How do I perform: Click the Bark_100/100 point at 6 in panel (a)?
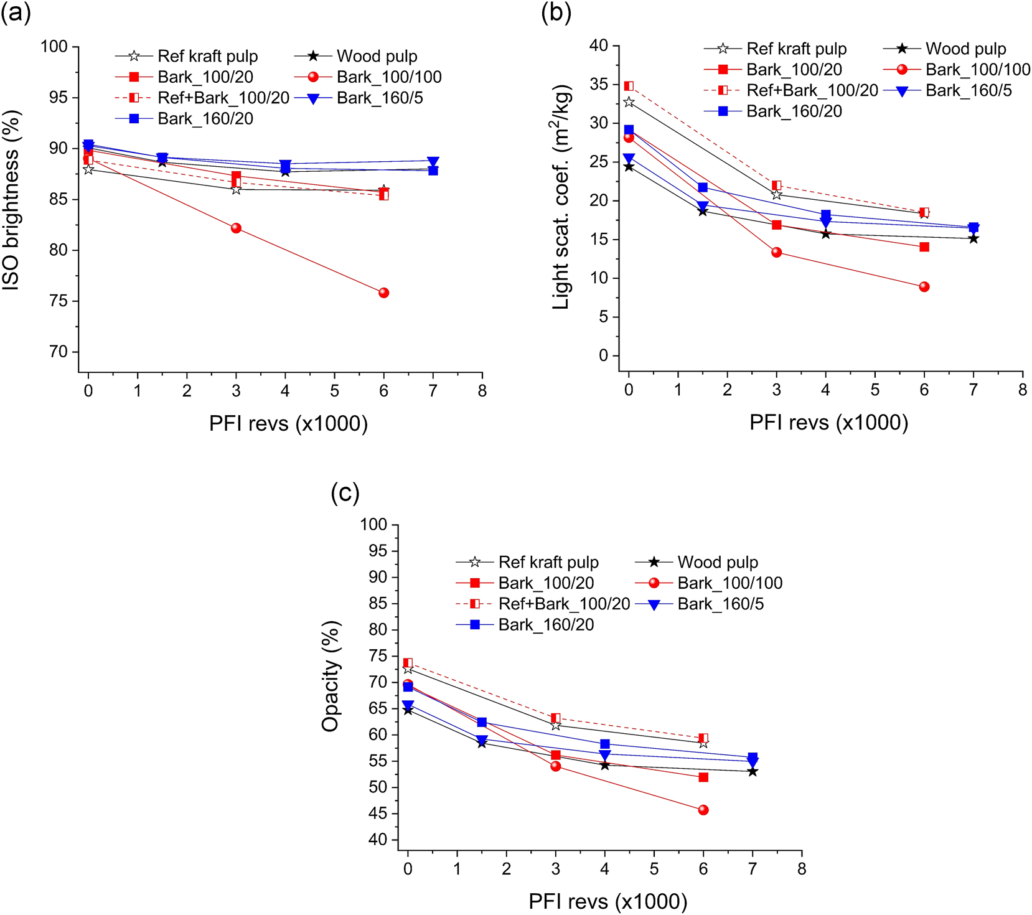383,293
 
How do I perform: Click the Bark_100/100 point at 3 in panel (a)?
236,228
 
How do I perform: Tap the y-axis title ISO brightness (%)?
11,200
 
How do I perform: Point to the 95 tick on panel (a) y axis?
55,98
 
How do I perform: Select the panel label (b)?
556,12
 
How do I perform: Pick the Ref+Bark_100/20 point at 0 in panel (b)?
629,86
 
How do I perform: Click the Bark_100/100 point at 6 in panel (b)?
924,287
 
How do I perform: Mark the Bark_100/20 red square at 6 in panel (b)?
924,247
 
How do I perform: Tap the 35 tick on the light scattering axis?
599,84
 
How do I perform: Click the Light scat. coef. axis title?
561,197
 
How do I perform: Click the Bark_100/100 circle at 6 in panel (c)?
703,810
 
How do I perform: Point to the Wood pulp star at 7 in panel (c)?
753,772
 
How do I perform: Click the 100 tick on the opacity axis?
373,525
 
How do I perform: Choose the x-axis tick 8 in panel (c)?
801,869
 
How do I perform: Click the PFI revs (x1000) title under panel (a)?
288,424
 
